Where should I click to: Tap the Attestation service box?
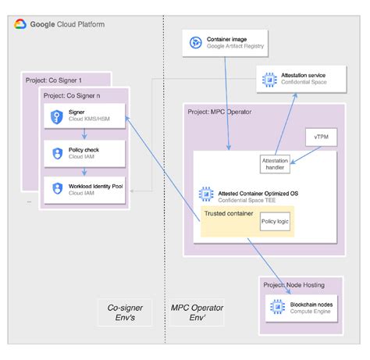(301, 79)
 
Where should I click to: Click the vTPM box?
(320, 137)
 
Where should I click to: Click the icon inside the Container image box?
(195, 42)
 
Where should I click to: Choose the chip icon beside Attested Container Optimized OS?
(206, 193)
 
